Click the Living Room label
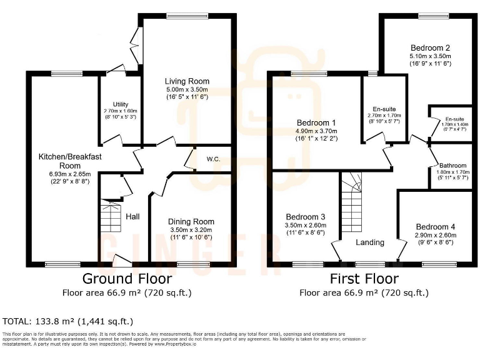tap(187, 81)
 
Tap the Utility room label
tap(121, 104)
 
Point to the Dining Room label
tap(191, 221)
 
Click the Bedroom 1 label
tap(316, 122)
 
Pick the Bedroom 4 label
tap(436, 226)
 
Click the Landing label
tap(370, 242)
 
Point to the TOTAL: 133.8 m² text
tap(67, 321)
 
